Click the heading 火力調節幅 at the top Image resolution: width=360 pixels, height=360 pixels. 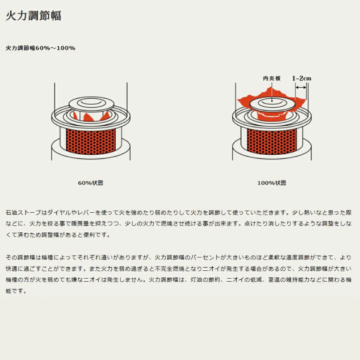click(33, 16)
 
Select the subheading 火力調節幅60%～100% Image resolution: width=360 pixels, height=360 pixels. click(40, 48)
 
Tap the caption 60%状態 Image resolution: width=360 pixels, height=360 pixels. click(91, 183)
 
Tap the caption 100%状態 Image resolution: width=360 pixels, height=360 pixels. click(271, 183)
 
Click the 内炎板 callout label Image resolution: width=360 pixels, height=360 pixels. click(271, 78)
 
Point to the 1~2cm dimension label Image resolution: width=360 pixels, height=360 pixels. click(301, 78)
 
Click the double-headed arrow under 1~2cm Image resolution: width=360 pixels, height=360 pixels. click(301, 87)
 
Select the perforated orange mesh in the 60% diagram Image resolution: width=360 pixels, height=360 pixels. click(91, 141)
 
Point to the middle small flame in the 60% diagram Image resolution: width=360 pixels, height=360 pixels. click(88, 117)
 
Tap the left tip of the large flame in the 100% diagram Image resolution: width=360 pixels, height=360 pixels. click(238, 99)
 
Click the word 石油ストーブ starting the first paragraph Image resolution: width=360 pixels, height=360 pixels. click(23, 212)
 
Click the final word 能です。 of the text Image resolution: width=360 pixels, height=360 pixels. click(16, 291)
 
